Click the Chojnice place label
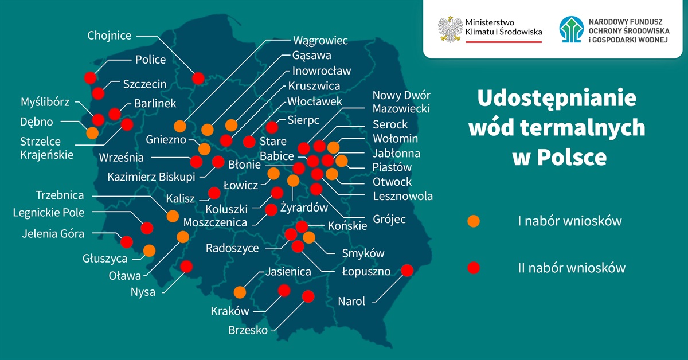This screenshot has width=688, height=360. pyautogui.click(x=109, y=36)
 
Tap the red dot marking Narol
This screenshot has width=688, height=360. pyautogui.click(x=407, y=270)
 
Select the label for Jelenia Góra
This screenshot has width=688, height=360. pyautogui.click(x=53, y=234)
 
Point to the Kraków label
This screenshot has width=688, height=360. pyautogui.click(x=230, y=311)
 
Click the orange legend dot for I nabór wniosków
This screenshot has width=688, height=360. pyautogui.click(x=474, y=221)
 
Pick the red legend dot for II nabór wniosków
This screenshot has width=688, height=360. pyautogui.click(x=474, y=268)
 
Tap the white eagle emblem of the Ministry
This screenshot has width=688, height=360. pyautogui.click(x=451, y=29)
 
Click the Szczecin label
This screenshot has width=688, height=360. pyautogui.click(x=144, y=84)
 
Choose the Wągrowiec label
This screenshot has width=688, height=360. pyautogui.click(x=320, y=41)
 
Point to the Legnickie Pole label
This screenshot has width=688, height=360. pyautogui.click(x=49, y=213)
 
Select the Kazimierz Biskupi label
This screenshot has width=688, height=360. pyautogui.click(x=151, y=177)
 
